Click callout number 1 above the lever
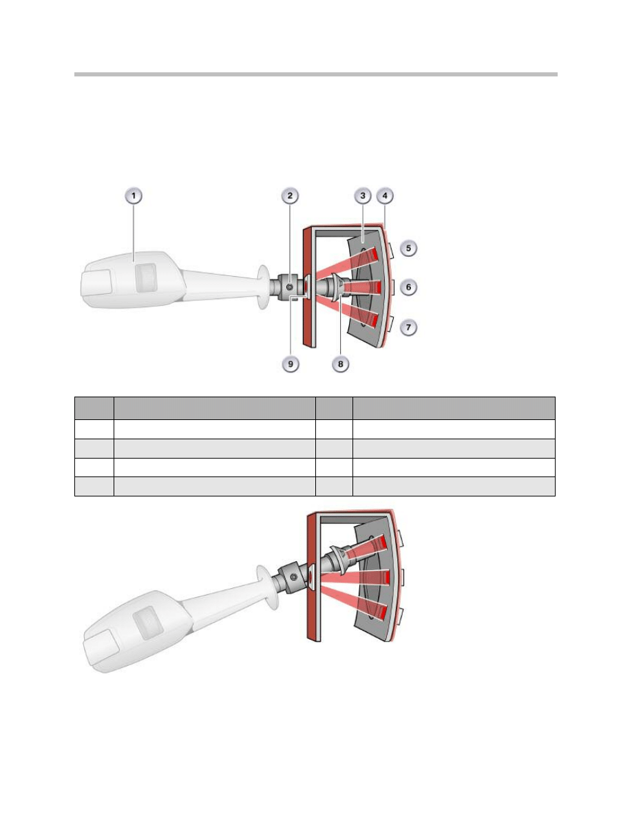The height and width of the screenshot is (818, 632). click(x=134, y=196)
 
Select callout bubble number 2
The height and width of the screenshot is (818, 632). click(x=290, y=196)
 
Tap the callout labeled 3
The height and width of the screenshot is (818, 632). click(x=362, y=196)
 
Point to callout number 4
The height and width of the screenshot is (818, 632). click(x=385, y=196)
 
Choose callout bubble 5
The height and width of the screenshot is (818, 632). click(x=408, y=248)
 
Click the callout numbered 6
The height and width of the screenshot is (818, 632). click(x=408, y=287)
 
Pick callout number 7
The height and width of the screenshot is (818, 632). click(x=408, y=328)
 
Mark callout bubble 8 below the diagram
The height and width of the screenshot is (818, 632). click(x=341, y=364)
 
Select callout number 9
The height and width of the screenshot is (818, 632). click(x=291, y=364)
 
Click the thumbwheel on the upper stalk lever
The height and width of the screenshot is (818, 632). click(x=145, y=277)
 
